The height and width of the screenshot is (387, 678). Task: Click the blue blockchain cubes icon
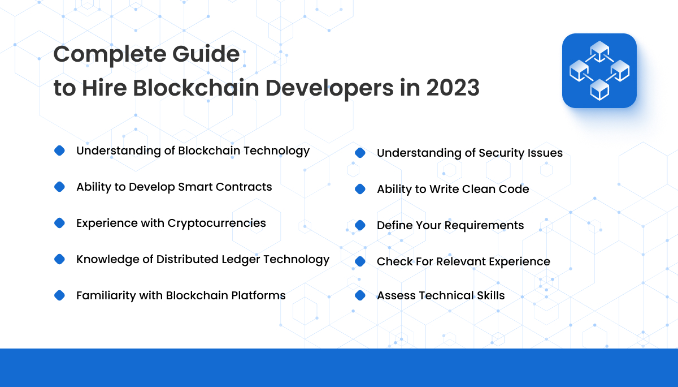tap(599, 71)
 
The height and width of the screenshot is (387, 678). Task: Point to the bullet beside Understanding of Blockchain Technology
tap(59, 150)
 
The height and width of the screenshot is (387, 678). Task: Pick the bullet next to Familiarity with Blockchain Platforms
tap(59, 295)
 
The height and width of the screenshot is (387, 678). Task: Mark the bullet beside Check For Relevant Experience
tap(360, 261)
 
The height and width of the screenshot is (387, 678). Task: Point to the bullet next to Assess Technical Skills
tap(360, 295)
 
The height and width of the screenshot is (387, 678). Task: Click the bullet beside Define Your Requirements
tap(360, 225)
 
